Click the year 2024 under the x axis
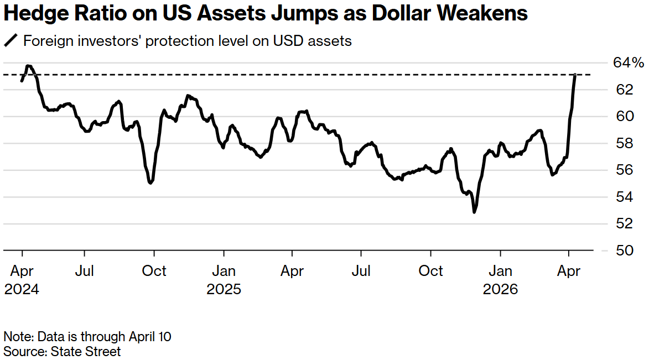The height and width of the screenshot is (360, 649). [22, 289]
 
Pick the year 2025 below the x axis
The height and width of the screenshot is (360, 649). [224, 289]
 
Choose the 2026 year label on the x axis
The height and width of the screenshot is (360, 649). [500, 289]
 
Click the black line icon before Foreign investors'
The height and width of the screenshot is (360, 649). [11, 41]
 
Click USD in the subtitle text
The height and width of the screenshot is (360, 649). [287, 41]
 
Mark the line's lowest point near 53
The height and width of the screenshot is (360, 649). [474, 212]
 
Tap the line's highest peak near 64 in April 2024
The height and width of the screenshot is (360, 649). [29, 66]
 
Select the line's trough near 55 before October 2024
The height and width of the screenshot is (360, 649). [150, 182]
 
